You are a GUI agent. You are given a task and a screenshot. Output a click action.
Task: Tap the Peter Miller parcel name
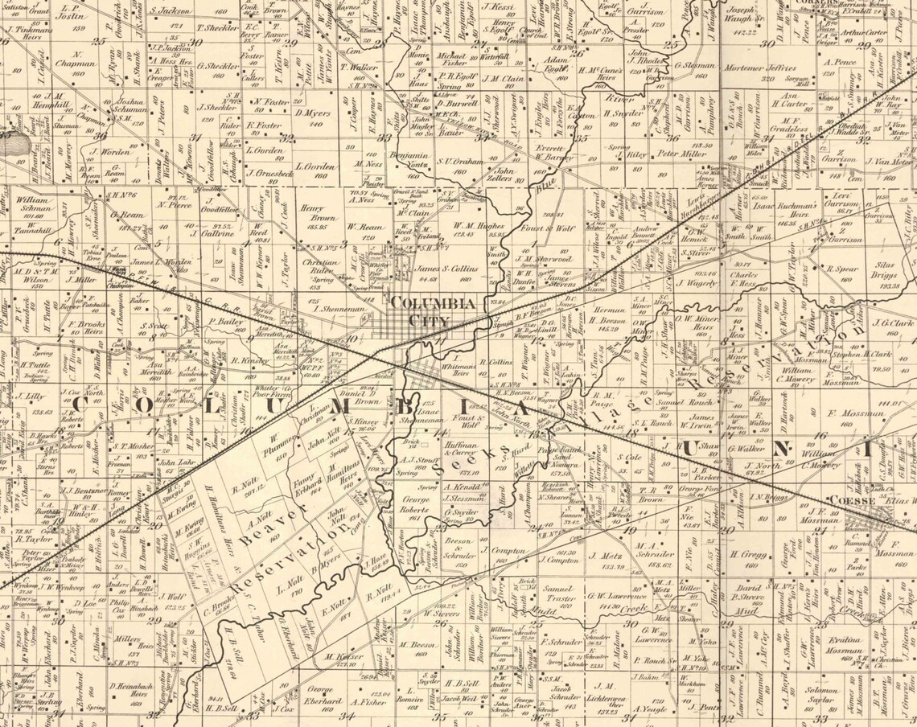pyautogui.click(x=681, y=154)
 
